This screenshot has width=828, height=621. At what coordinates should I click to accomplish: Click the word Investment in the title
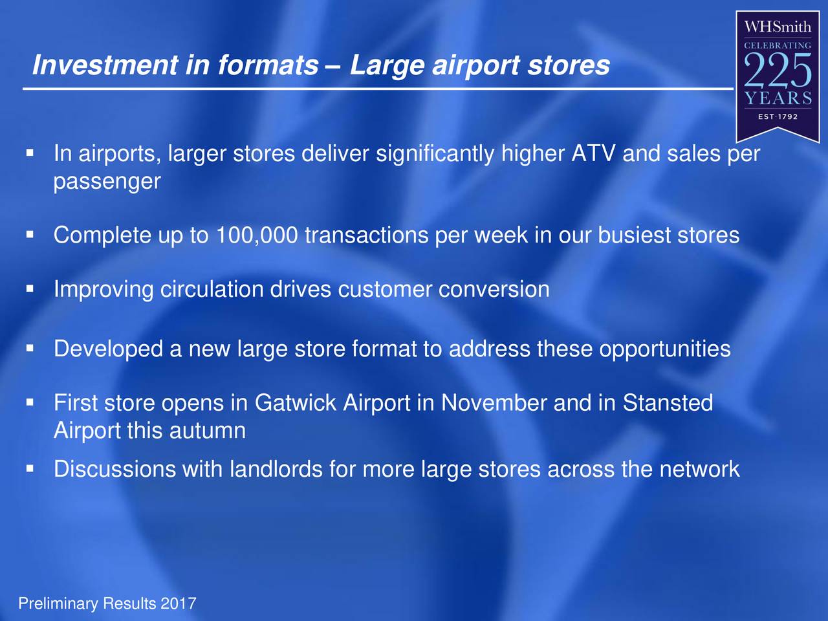105,65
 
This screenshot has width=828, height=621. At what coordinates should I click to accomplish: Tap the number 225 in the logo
778,71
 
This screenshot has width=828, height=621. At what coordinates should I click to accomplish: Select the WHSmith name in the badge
777,27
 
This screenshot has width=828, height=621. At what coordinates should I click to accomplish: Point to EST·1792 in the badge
778,116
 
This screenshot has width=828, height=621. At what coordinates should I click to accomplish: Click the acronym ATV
593,153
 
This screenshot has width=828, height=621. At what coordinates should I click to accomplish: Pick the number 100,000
257,235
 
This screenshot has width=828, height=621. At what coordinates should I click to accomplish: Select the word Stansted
668,402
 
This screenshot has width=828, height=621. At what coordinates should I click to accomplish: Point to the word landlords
276,469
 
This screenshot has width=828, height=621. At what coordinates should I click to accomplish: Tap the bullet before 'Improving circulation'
30,289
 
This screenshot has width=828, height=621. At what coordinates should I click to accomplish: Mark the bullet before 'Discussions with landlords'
30,469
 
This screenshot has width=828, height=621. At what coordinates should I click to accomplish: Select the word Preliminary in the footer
58,604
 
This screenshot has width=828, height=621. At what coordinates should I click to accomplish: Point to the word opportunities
664,349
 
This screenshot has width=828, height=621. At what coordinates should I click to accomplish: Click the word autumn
208,430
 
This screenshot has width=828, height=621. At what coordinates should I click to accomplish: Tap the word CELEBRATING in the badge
778,46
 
